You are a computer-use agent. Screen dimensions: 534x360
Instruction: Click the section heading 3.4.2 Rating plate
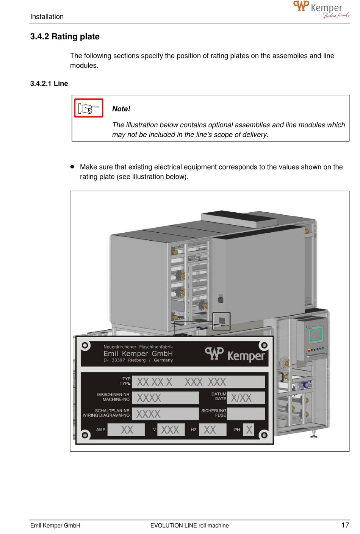(65, 37)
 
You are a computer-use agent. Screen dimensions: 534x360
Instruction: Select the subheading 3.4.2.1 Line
(49, 84)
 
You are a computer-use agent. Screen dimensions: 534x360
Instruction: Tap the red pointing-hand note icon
(89, 108)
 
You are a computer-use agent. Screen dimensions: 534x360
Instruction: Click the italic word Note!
(121, 109)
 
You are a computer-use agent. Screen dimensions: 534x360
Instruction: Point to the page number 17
(345, 525)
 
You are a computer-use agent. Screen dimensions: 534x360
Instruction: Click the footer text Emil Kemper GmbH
(55, 525)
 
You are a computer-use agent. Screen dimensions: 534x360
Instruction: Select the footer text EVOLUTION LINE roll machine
(189, 525)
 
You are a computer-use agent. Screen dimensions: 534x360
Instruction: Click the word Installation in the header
(47, 17)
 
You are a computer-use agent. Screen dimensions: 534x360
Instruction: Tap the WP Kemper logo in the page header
(321, 9)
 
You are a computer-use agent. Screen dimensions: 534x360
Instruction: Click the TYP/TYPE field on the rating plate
(200, 382)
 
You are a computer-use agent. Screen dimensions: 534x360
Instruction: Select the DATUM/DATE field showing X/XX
(245, 398)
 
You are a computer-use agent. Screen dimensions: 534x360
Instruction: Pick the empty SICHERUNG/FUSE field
(246, 413)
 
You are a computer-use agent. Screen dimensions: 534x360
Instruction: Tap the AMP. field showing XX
(126, 430)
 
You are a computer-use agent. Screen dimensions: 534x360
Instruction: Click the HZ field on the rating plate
(212, 430)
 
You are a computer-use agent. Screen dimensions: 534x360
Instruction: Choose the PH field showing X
(249, 430)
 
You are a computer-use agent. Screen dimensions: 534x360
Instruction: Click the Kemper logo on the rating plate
(235, 354)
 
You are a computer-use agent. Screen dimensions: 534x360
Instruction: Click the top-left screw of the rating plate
(85, 345)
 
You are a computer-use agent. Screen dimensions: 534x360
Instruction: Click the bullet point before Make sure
(72, 166)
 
